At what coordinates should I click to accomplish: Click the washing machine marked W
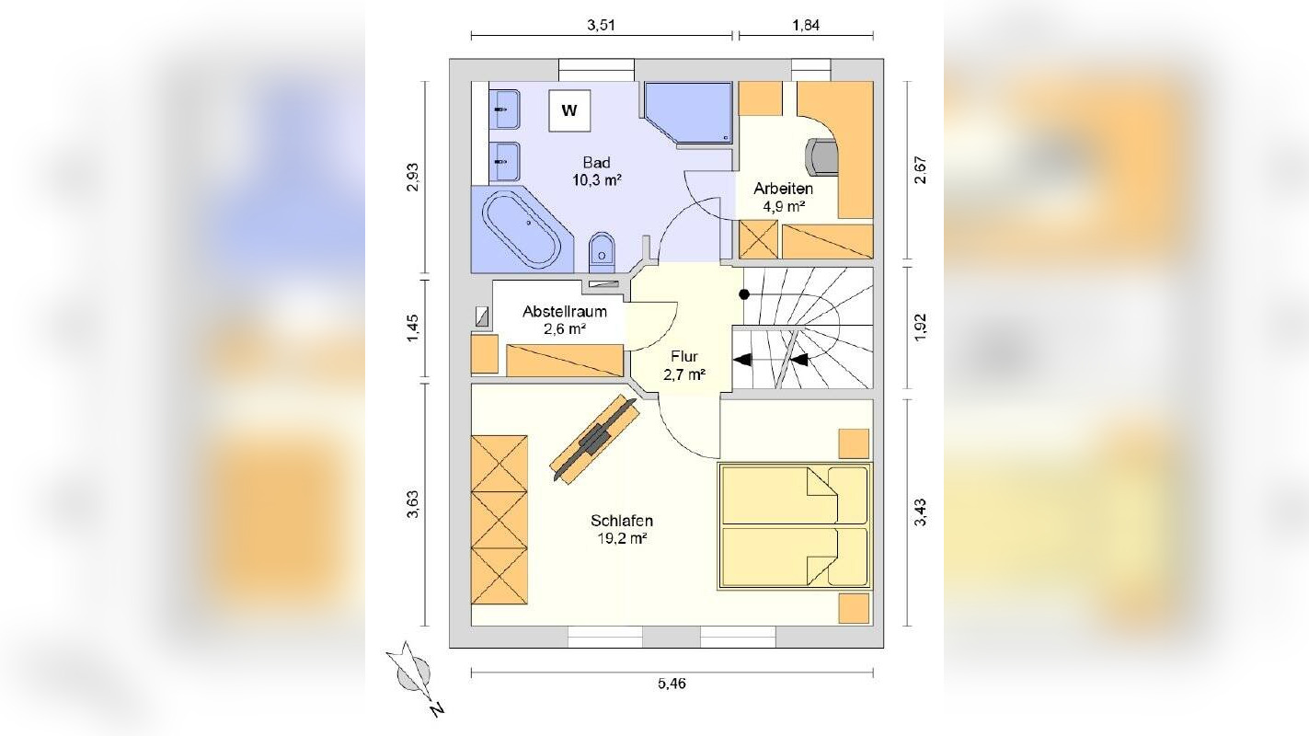(x=569, y=110)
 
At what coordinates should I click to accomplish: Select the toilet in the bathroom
(x=602, y=252)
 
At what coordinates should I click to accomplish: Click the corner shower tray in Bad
(x=688, y=112)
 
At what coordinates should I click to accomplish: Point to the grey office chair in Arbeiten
(x=821, y=156)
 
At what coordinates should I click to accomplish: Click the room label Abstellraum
(x=565, y=312)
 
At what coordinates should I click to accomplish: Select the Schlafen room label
(x=622, y=521)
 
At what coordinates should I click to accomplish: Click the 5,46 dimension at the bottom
(x=672, y=684)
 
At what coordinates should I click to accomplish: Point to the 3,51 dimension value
(x=601, y=25)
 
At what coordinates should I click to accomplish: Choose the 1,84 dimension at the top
(x=806, y=25)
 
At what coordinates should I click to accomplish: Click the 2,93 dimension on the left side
(x=412, y=177)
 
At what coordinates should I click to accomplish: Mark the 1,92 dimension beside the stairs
(x=921, y=328)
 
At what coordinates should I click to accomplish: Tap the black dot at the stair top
(x=744, y=294)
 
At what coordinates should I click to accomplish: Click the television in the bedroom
(x=594, y=439)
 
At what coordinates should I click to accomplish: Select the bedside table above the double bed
(x=854, y=443)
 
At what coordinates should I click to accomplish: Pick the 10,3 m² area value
(x=597, y=180)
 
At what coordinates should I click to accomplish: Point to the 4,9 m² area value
(x=784, y=206)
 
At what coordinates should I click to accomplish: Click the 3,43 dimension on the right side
(x=921, y=512)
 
